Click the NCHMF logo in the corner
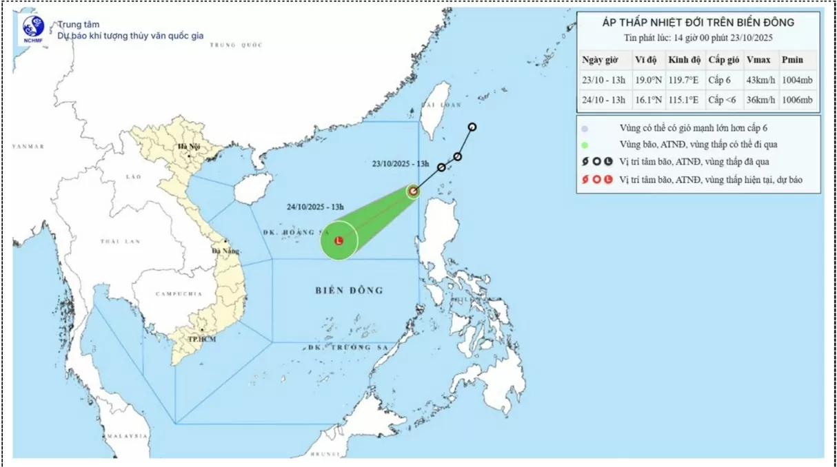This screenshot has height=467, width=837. pos(32,28)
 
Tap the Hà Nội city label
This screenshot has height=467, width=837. pos(188,146)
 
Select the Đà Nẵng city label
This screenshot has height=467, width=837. pos(225,251)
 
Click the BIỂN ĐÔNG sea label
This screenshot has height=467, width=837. pos(350,290)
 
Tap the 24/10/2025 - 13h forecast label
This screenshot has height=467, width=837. pos(315,206)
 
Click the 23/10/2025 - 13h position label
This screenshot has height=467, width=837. pos(401,164)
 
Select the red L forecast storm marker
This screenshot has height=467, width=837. pos(339,241)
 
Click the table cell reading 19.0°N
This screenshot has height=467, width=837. pos(648,80)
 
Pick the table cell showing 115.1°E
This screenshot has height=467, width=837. pos(683,100)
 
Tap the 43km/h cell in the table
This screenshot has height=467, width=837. pos(760,80)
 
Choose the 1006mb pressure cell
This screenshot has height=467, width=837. pos(796,100)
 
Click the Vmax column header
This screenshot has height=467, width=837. pos(758,60)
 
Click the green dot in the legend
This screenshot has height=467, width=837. pos(585,145)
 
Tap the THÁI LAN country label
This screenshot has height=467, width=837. pos(120,241)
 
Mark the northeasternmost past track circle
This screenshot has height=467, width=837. pos(472,127)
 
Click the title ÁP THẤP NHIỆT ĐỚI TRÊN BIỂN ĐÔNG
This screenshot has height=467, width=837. pos(698,23)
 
